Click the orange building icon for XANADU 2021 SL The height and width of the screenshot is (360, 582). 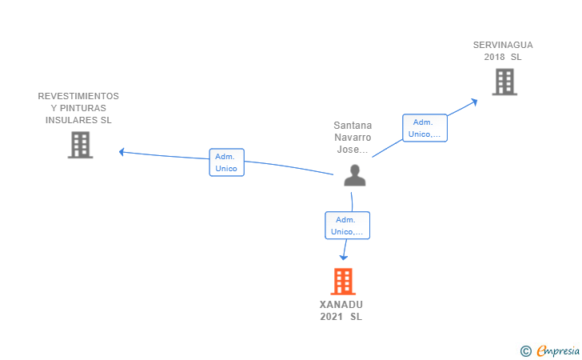(x=343, y=282)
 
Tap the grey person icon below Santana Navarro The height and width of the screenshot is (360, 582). (x=355, y=175)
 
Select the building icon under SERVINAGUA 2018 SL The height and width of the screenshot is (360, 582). (x=504, y=82)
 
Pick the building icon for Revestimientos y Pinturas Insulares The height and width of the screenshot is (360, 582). (x=80, y=145)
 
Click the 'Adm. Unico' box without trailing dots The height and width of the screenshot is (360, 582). (x=227, y=162)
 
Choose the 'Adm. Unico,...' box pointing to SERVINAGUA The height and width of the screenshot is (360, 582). (x=425, y=128)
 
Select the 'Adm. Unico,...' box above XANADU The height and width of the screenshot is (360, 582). (x=348, y=225)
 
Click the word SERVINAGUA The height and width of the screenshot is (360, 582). (x=503, y=45)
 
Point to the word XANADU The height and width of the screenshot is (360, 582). (x=341, y=305)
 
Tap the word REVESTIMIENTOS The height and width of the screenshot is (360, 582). (x=78, y=96)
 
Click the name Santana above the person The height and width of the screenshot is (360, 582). (x=353, y=126)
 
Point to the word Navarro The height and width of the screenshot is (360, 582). (x=353, y=138)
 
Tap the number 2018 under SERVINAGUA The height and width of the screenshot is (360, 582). (x=494, y=57)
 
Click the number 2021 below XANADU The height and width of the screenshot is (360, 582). (x=331, y=317)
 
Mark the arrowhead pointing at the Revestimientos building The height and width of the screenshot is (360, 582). (x=122, y=152)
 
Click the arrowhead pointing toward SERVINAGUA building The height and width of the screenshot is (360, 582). (x=474, y=102)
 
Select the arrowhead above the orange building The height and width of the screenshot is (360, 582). (x=344, y=258)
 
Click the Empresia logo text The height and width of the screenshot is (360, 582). (x=558, y=350)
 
